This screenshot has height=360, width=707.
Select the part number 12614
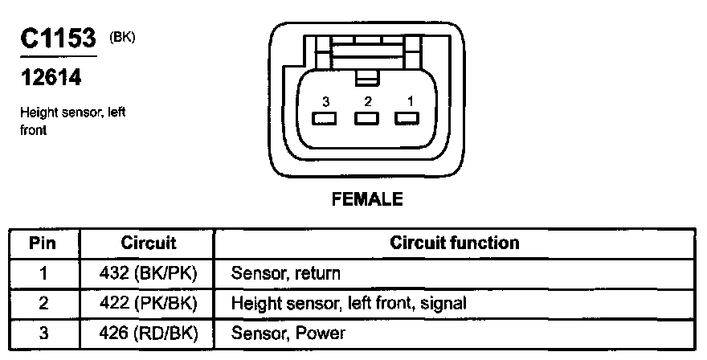(x=48, y=80)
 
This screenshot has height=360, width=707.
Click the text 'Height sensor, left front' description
(x=73, y=121)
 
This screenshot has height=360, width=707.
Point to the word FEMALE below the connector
(x=367, y=199)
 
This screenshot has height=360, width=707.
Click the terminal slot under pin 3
(x=325, y=120)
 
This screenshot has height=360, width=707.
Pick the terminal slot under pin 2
(x=367, y=120)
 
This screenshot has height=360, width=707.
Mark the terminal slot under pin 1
(x=408, y=120)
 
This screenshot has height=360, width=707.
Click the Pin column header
(x=43, y=243)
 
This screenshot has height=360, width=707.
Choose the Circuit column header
(x=148, y=243)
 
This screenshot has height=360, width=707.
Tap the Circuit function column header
(x=454, y=243)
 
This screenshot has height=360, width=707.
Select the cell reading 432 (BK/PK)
(x=148, y=273)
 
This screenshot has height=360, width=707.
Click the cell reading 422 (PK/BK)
(x=148, y=303)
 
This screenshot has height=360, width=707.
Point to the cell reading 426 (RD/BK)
(x=148, y=333)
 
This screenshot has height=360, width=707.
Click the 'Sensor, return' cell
(x=285, y=273)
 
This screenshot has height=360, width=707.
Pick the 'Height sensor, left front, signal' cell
(x=349, y=303)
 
